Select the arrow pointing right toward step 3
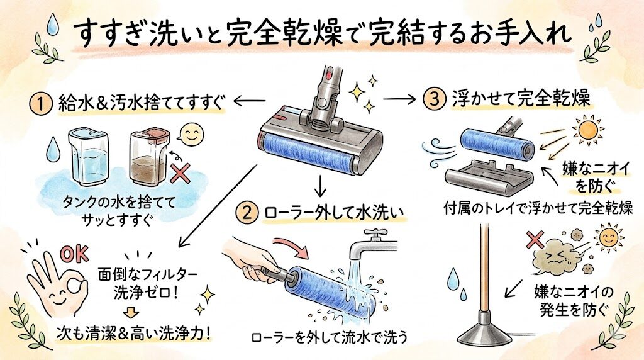(x=401, y=100)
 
